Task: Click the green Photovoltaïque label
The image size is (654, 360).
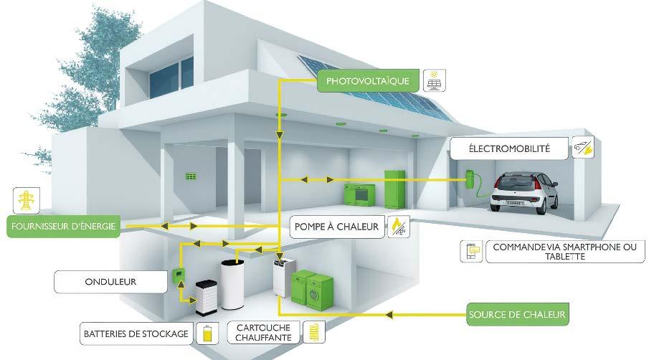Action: [x=367, y=81]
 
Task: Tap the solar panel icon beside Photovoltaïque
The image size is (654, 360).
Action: [x=433, y=80]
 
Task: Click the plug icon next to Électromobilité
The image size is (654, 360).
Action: [x=583, y=148]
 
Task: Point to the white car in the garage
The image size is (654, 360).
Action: [x=524, y=191]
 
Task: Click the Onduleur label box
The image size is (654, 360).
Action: [x=106, y=282]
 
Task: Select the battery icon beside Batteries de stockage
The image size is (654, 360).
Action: [x=208, y=333]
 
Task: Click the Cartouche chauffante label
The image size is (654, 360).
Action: [x=263, y=332]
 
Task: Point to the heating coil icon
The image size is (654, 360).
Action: [x=316, y=332]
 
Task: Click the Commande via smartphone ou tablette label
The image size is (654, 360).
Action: [x=564, y=252]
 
